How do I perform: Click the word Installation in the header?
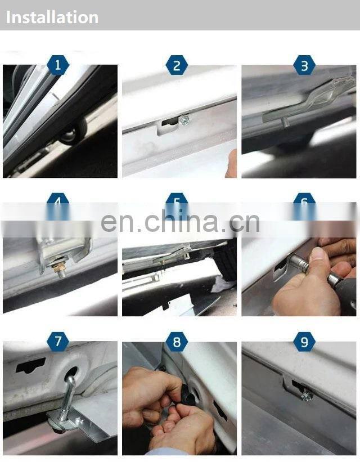pos(52,17)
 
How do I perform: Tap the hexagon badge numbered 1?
pos(58,65)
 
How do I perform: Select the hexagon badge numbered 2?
pos(177,65)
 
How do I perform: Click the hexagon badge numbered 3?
pos(304,65)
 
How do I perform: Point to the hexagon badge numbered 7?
pos(58,341)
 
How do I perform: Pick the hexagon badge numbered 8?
pos(177,341)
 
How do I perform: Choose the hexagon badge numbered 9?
pos(304,341)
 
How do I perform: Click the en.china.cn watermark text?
pos(180,221)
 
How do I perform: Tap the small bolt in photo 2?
pos(184,119)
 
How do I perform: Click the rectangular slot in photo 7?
pos(31,367)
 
